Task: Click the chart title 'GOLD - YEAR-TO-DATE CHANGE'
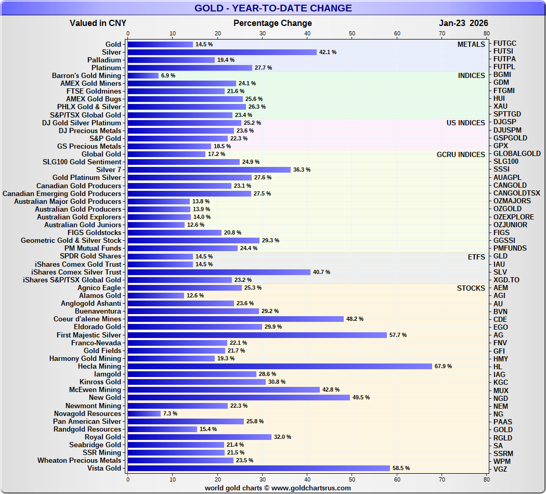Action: point(273,8)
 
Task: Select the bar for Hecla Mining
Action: point(280,366)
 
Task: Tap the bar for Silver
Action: point(222,52)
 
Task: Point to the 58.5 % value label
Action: point(401,468)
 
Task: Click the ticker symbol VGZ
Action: point(501,469)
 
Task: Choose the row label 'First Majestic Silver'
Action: point(89,335)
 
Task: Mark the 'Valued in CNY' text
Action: point(98,23)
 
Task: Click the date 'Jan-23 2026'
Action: point(463,23)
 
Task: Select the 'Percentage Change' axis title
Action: point(272,23)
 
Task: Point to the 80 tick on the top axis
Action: point(487,34)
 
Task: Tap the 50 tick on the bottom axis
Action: point(352,479)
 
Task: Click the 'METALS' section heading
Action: point(471,44)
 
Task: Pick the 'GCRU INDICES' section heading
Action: point(461,154)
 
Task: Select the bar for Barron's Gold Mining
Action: point(143,75)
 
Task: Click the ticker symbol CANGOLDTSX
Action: point(517,193)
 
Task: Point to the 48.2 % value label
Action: point(355,319)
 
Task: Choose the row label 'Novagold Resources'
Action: point(87,413)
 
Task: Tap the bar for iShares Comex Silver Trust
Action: point(219,272)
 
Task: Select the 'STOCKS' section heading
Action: point(471,288)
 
